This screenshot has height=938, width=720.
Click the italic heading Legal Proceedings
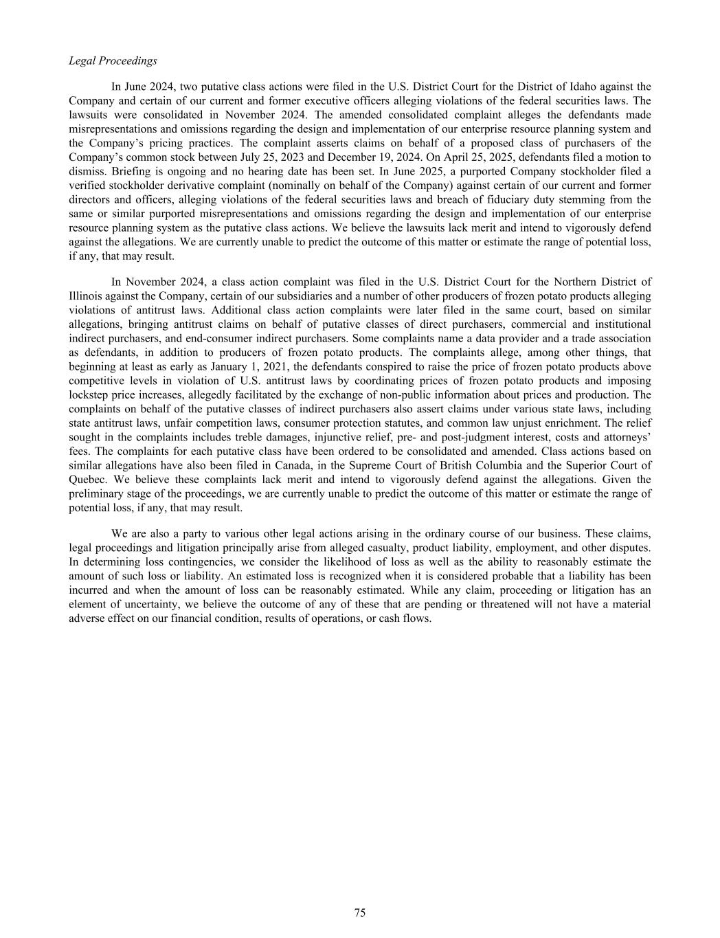point(113,61)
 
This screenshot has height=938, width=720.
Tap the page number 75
point(360,913)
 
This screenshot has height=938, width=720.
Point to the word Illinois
point(87,295)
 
